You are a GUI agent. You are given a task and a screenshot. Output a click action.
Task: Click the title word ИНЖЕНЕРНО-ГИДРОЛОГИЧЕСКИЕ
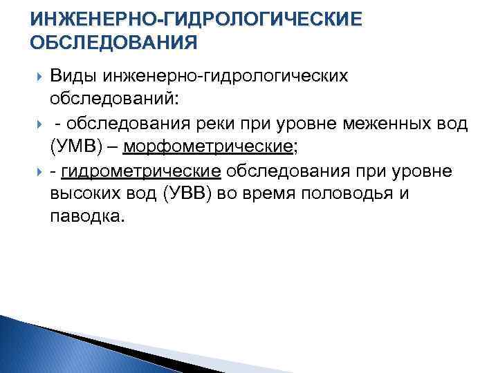(x=196, y=19)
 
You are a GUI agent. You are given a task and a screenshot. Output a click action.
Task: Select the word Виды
(x=73, y=76)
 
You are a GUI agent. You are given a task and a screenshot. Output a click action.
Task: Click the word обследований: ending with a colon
(x=114, y=99)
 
